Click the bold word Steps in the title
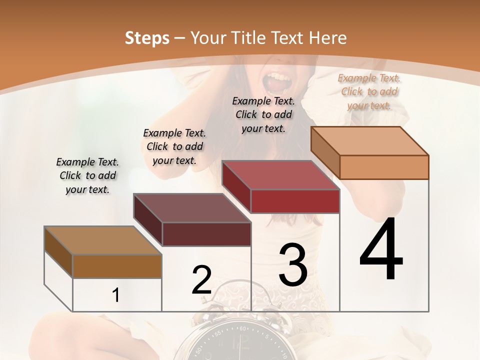[146, 38]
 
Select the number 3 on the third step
[293, 265]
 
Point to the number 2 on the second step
[201, 280]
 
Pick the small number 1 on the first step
[116, 295]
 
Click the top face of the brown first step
[103, 240]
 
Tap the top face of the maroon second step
[192, 208]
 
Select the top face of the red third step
[281, 175]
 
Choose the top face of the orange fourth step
[370, 141]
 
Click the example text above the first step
[87, 176]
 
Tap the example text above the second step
[174, 147]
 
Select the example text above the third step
[263, 114]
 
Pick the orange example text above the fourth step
[369, 91]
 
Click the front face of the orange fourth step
[384, 167]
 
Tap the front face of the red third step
[295, 201]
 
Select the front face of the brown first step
[117, 266]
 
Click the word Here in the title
[328, 38]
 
